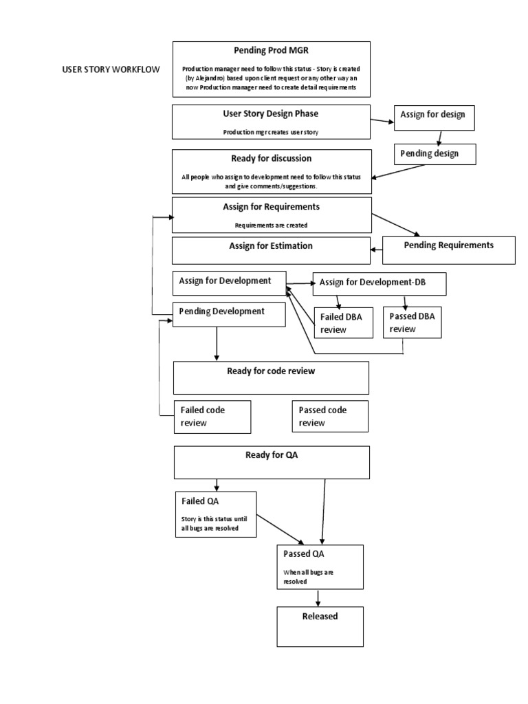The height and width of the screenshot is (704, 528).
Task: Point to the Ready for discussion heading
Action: pos(271,159)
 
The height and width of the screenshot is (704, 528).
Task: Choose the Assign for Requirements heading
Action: pos(271,206)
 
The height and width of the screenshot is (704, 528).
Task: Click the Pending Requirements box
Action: pos(448,250)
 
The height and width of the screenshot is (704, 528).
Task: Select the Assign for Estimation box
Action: pos(271,250)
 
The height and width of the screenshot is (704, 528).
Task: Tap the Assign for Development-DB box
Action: pos(379,283)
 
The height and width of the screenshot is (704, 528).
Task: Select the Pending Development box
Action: pos(228,315)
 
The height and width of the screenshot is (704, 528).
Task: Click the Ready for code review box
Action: pos(271,378)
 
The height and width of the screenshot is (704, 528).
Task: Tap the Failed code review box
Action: pos(212,417)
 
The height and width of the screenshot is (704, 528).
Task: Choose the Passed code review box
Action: pos(330,417)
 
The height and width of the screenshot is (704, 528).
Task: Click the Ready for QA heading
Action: pos(271,454)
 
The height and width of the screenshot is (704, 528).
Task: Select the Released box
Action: pos(320,626)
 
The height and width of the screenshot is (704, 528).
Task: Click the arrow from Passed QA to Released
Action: pos(318,597)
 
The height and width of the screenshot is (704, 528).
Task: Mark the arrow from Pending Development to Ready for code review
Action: pos(217,343)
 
